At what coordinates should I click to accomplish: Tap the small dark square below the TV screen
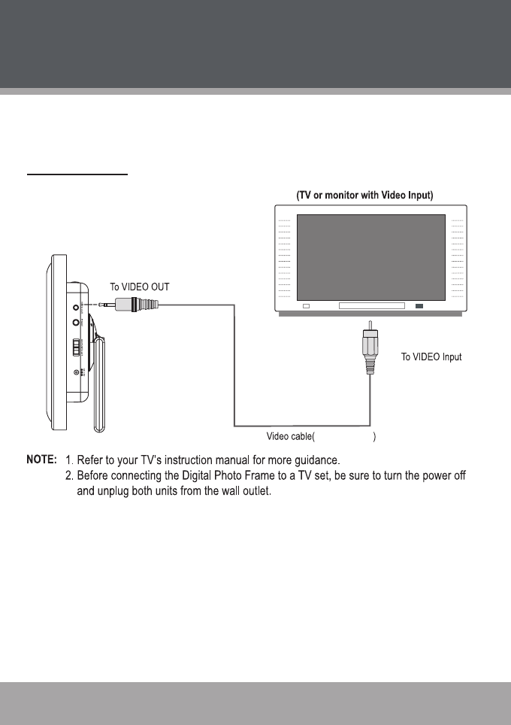(419, 306)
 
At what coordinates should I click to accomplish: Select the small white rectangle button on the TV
(307, 306)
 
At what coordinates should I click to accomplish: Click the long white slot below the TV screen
(371, 306)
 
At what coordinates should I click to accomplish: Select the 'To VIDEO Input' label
(431, 357)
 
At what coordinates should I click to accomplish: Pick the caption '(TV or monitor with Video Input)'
(367, 197)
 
